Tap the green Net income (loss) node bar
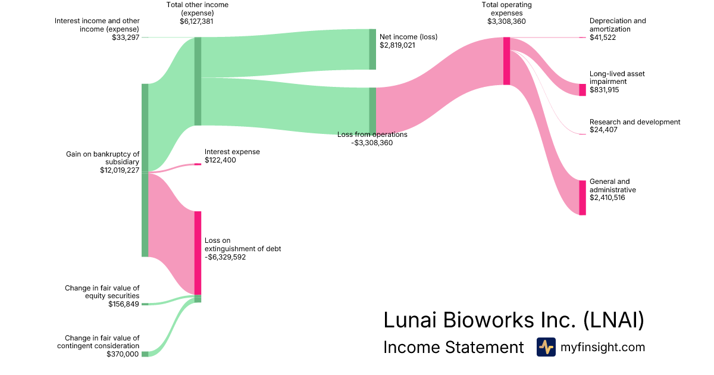(x=372, y=49)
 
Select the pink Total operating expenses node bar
(x=507, y=61)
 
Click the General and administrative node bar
(x=583, y=197)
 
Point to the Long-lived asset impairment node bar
(x=583, y=90)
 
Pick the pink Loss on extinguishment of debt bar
(x=198, y=252)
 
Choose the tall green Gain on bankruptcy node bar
(x=145, y=170)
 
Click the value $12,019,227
(x=120, y=170)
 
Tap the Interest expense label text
(x=232, y=152)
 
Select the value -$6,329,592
(x=225, y=258)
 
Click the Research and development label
(x=635, y=122)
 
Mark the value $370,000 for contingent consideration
(x=123, y=354)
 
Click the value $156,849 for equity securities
(x=124, y=304)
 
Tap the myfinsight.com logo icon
(x=546, y=347)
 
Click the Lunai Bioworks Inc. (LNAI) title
(x=513, y=320)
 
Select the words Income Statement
(x=453, y=347)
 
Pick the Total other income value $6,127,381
(x=196, y=21)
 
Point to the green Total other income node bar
(x=198, y=81)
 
